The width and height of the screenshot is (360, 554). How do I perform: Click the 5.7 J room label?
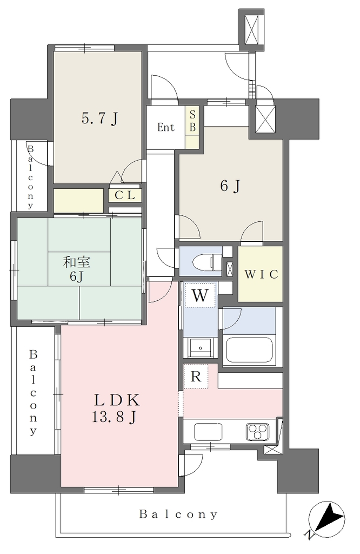pyautogui.click(x=99, y=118)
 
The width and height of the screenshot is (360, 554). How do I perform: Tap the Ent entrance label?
pyautogui.click(x=166, y=127)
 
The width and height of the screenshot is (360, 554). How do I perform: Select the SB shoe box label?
pyautogui.click(x=192, y=121)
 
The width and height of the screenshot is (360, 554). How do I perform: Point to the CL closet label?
pyautogui.click(x=125, y=195)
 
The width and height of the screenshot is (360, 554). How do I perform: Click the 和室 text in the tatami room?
pyautogui.click(x=77, y=262)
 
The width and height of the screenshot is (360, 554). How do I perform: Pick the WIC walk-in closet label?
pyautogui.click(x=262, y=274)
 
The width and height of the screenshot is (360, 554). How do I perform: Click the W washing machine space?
pyautogui.click(x=200, y=295)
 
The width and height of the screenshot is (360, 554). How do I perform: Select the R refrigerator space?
pyautogui.click(x=196, y=377)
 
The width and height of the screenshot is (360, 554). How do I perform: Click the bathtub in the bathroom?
pyautogui.click(x=249, y=349)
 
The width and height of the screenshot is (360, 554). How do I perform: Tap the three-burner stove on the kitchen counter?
pyautogui.click(x=257, y=431)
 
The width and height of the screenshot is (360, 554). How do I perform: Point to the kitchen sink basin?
pyautogui.click(x=208, y=431)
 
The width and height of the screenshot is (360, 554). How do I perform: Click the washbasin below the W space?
pyautogui.click(x=200, y=348)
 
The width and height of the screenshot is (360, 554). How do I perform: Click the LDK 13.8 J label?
pyautogui.click(x=116, y=408)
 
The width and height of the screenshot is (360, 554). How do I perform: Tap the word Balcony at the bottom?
pyautogui.click(x=178, y=514)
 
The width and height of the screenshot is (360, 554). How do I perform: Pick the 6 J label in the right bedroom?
pyautogui.click(x=230, y=186)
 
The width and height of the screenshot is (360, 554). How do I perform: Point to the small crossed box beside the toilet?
pyautogui.click(x=229, y=268)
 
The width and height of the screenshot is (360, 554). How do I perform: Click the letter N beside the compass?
pyautogui.click(x=310, y=535)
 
